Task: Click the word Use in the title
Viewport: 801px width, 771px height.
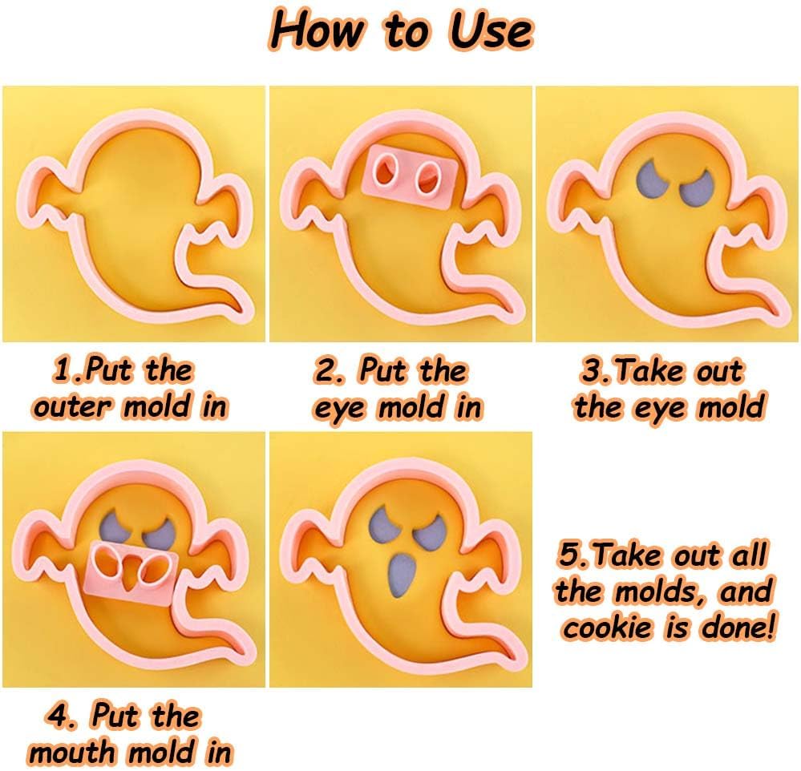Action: click(x=491, y=30)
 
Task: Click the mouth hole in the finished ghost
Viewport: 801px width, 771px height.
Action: click(x=402, y=575)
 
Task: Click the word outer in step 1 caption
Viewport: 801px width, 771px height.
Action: click(x=71, y=407)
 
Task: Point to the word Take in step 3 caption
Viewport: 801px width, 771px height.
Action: click(x=649, y=371)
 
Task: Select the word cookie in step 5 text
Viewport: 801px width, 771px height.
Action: click(x=608, y=628)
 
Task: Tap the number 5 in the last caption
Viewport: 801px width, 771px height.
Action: click(x=568, y=555)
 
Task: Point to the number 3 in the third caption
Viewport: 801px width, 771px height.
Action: click(x=592, y=371)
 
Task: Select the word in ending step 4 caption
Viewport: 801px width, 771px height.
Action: click(x=217, y=751)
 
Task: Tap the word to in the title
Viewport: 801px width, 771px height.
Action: click(x=407, y=32)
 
